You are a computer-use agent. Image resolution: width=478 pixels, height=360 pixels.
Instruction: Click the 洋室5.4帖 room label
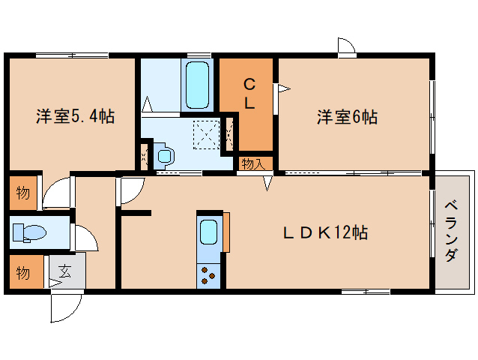pos(75,117)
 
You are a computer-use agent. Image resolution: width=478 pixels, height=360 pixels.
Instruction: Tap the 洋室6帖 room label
pos(346,117)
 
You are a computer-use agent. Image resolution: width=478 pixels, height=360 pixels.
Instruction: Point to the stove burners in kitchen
pos(209,276)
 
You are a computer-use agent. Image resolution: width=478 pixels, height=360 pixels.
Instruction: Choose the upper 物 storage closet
pos(22,193)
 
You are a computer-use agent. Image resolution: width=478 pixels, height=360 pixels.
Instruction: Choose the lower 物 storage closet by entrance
pos(22,271)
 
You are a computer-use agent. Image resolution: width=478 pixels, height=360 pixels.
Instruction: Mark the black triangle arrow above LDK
pos(268,181)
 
